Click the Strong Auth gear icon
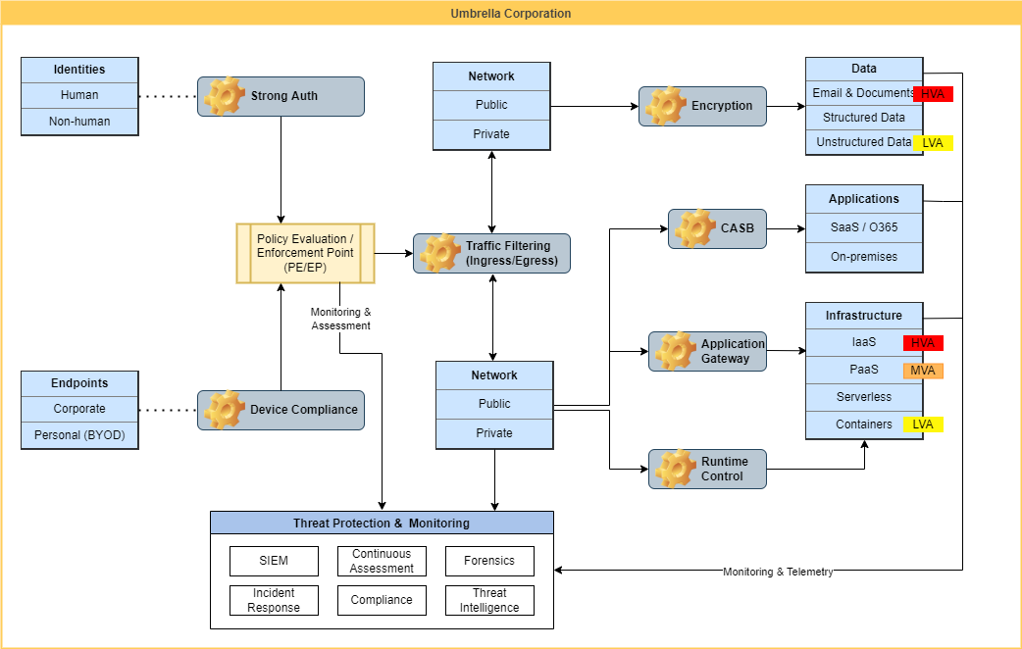click(225, 96)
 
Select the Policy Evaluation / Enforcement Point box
click(305, 253)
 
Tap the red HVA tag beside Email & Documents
click(933, 94)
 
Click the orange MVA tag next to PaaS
click(923, 371)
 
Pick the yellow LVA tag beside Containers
click(923, 424)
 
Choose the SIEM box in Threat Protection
click(274, 561)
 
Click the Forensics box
click(489, 561)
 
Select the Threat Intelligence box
click(489, 600)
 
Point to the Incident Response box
click(274, 600)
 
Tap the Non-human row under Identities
click(79, 122)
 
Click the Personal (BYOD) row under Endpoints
click(79, 435)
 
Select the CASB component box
click(717, 228)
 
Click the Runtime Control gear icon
click(676, 469)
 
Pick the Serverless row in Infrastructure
click(864, 397)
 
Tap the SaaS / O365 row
click(864, 227)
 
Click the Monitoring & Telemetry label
click(778, 572)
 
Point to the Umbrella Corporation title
click(511, 14)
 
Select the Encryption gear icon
click(666, 106)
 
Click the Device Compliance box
click(281, 410)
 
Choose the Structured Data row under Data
click(864, 118)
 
